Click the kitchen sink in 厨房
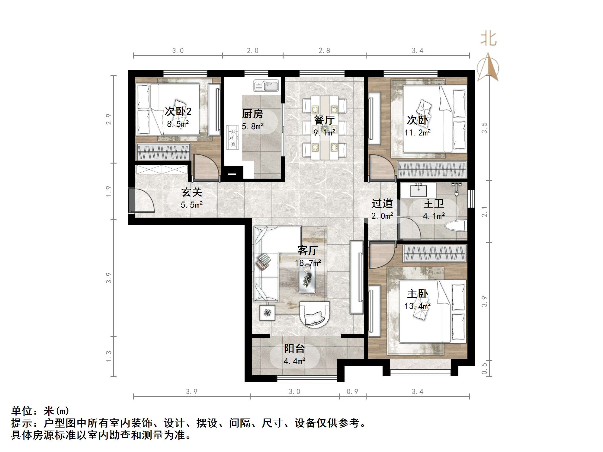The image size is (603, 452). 266,85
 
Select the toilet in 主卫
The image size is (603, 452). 458,226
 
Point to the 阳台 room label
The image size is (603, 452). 294,349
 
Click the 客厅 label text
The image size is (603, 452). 307,250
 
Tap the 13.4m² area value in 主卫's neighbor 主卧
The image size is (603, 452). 417,306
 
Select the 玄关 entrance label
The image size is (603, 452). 191,192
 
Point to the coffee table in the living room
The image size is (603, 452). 307,280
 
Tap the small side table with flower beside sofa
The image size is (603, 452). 267,313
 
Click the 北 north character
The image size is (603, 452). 488,39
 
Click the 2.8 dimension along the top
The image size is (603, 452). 324,51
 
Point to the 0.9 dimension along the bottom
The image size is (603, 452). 352,392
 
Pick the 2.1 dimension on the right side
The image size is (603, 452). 484,211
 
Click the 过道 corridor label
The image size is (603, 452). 382,204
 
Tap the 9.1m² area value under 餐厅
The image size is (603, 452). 324,132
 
